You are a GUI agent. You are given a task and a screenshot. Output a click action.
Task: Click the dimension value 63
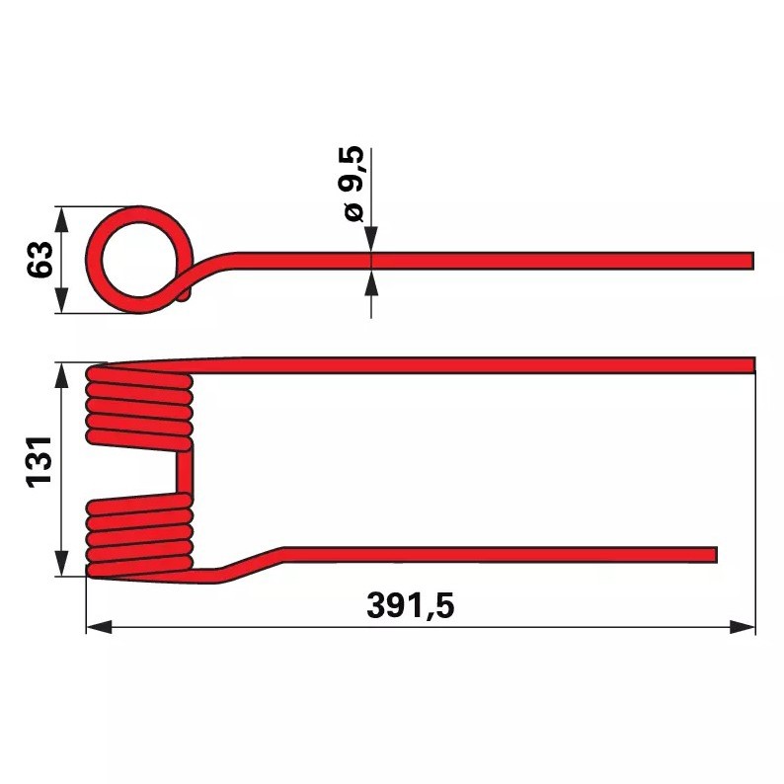click(x=40, y=261)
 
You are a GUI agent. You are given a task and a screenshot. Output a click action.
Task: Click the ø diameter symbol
click(x=353, y=210)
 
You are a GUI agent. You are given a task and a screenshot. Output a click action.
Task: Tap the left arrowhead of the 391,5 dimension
click(x=96, y=626)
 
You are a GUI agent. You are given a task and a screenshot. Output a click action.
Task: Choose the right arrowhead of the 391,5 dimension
click(x=746, y=626)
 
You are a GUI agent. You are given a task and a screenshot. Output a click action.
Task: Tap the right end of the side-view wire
click(x=749, y=261)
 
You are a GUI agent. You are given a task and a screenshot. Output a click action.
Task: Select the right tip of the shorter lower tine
click(x=712, y=555)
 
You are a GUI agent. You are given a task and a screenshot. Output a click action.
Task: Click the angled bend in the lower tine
click(x=253, y=563)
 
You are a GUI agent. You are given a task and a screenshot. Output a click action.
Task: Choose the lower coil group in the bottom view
click(x=139, y=536)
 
